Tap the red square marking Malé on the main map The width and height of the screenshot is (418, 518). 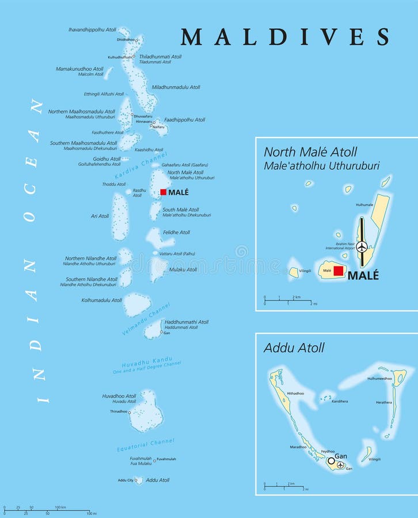[164, 192]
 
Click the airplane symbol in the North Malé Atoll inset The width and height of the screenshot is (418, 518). [362, 247]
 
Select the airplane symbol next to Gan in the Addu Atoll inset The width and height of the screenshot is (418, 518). [341, 464]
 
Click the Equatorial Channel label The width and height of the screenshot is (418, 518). [146, 445]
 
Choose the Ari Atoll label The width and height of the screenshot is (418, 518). [100, 216]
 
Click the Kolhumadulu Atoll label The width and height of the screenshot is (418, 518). [101, 300]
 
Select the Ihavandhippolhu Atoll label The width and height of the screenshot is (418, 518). [92, 29]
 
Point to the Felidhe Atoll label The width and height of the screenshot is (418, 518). [176, 233]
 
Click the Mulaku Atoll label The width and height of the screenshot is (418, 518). [183, 269]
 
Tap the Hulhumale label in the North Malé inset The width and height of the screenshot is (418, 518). [364, 204]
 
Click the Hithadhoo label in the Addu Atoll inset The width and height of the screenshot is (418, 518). [295, 393]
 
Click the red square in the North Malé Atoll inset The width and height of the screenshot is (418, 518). [339, 271]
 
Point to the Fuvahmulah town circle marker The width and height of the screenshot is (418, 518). [154, 459]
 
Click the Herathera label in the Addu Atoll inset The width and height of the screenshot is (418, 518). [384, 402]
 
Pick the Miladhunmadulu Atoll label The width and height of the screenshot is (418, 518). [176, 87]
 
